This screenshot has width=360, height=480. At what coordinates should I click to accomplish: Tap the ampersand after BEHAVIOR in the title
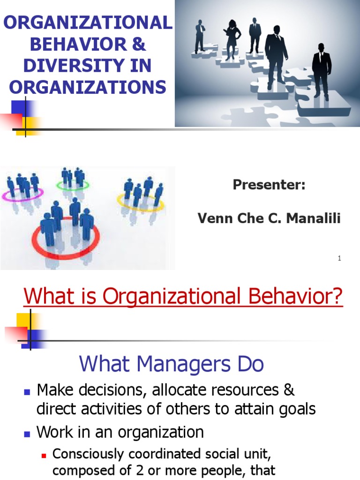[138, 44]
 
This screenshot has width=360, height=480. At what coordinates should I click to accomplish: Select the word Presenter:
[269, 185]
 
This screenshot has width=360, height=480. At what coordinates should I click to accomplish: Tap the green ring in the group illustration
[73, 186]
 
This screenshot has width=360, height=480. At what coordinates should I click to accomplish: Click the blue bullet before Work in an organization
[26, 433]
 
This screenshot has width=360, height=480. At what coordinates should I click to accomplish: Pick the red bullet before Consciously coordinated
[45, 455]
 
